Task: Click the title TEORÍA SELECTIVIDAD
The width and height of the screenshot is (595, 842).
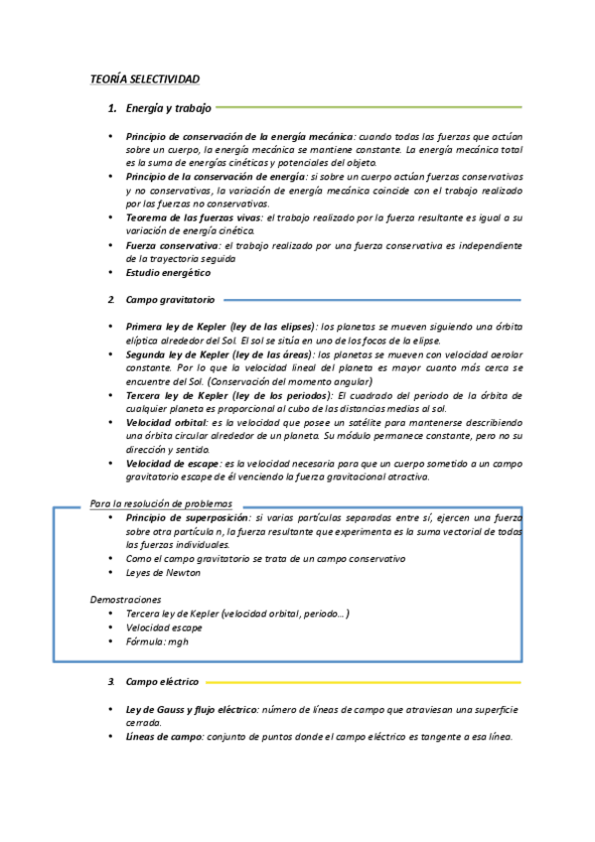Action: pos(145,77)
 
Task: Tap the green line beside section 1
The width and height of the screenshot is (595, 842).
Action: pos(368,107)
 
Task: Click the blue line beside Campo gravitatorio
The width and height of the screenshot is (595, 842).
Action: pos(372,299)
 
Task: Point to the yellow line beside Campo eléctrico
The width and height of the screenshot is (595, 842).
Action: pos(364,682)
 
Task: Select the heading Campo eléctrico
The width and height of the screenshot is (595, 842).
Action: pos(162,682)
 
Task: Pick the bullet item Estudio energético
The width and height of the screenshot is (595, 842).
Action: pos(168,272)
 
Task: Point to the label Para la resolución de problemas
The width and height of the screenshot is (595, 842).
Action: pos(160,503)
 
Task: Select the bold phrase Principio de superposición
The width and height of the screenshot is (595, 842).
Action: pos(188,517)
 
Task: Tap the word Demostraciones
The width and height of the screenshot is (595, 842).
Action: pos(125,600)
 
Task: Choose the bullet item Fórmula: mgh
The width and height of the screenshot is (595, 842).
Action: pos(157,641)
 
